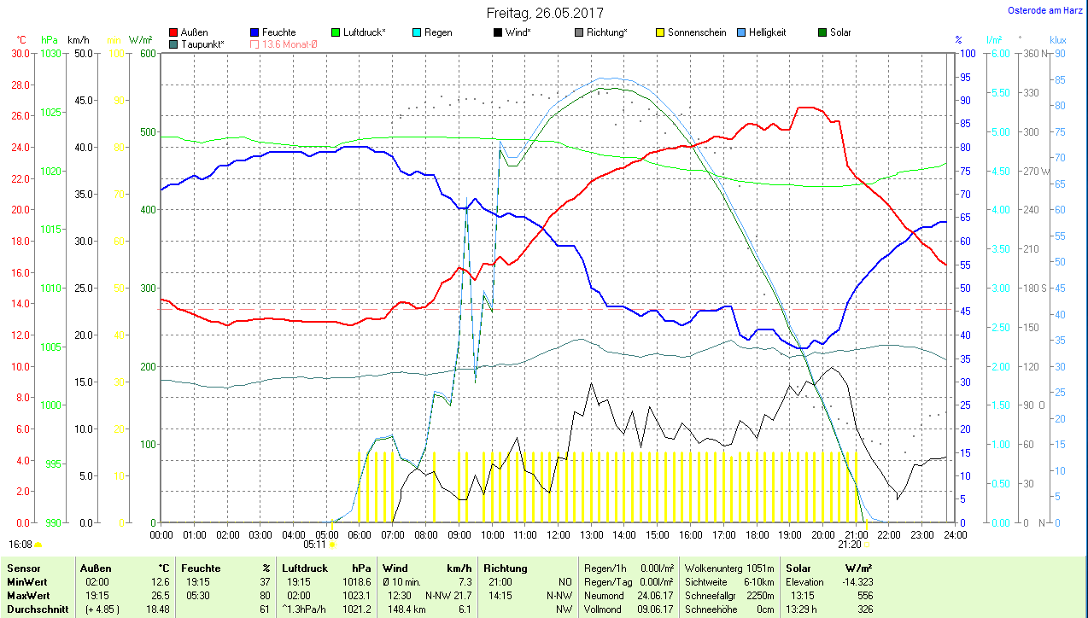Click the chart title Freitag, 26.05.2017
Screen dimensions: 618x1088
click(x=545, y=13)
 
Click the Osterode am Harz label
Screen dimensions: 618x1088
click(x=1044, y=11)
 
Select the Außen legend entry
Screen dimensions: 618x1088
click(x=194, y=32)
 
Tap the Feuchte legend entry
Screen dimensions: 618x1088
click(x=278, y=32)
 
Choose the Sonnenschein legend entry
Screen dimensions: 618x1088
click(x=697, y=32)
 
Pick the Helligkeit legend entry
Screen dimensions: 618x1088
click(x=767, y=32)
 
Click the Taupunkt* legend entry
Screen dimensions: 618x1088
click(x=202, y=44)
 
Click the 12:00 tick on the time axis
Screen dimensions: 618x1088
click(x=558, y=534)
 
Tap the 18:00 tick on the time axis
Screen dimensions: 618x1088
click(x=757, y=534)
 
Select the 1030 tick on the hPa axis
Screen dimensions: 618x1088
click(x=51, y=53)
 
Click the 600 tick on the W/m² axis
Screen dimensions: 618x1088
click(x=148, y=53)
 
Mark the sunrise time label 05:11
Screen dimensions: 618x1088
click(x=314, y=544)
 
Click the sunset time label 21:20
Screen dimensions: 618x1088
click(x=849, y=544)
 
